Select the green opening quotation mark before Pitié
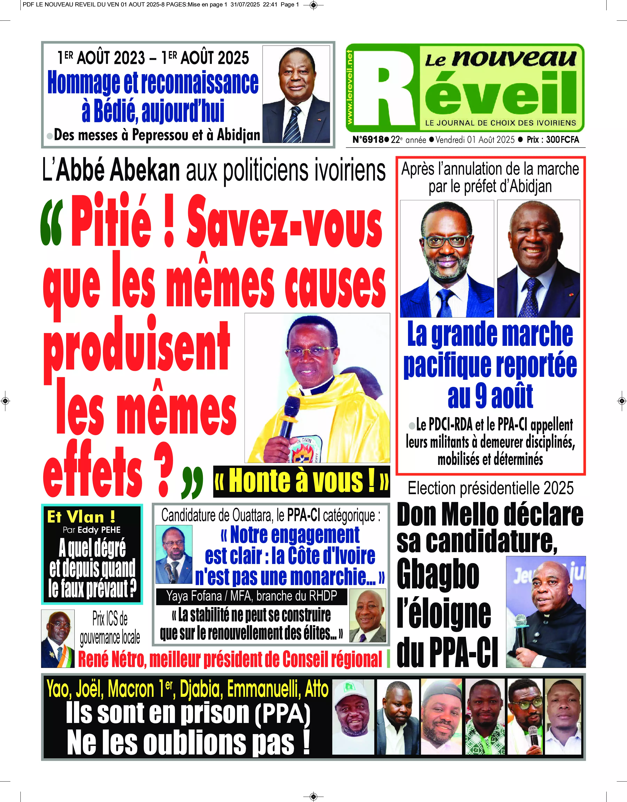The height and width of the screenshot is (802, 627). tap(51, 225)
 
